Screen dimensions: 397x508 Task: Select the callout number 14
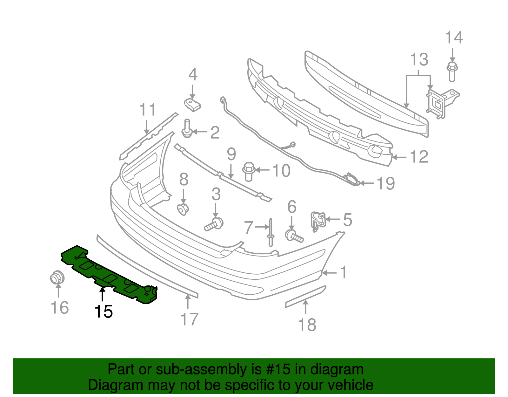point(454,38)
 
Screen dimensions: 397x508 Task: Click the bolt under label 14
point(452,72)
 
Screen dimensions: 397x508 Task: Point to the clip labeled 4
point(192,105)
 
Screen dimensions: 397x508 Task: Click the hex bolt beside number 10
point(249,171)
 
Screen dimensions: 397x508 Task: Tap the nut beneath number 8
point(183,209)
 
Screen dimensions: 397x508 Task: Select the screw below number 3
point(214,224)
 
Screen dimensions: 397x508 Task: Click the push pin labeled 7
point(271,232)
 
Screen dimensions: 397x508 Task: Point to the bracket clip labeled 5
point(318,221)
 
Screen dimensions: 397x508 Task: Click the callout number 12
point(419,157)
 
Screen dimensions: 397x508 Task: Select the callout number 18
point(307,325)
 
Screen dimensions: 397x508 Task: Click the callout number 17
point(189,319)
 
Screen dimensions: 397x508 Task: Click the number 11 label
point(148,110)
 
